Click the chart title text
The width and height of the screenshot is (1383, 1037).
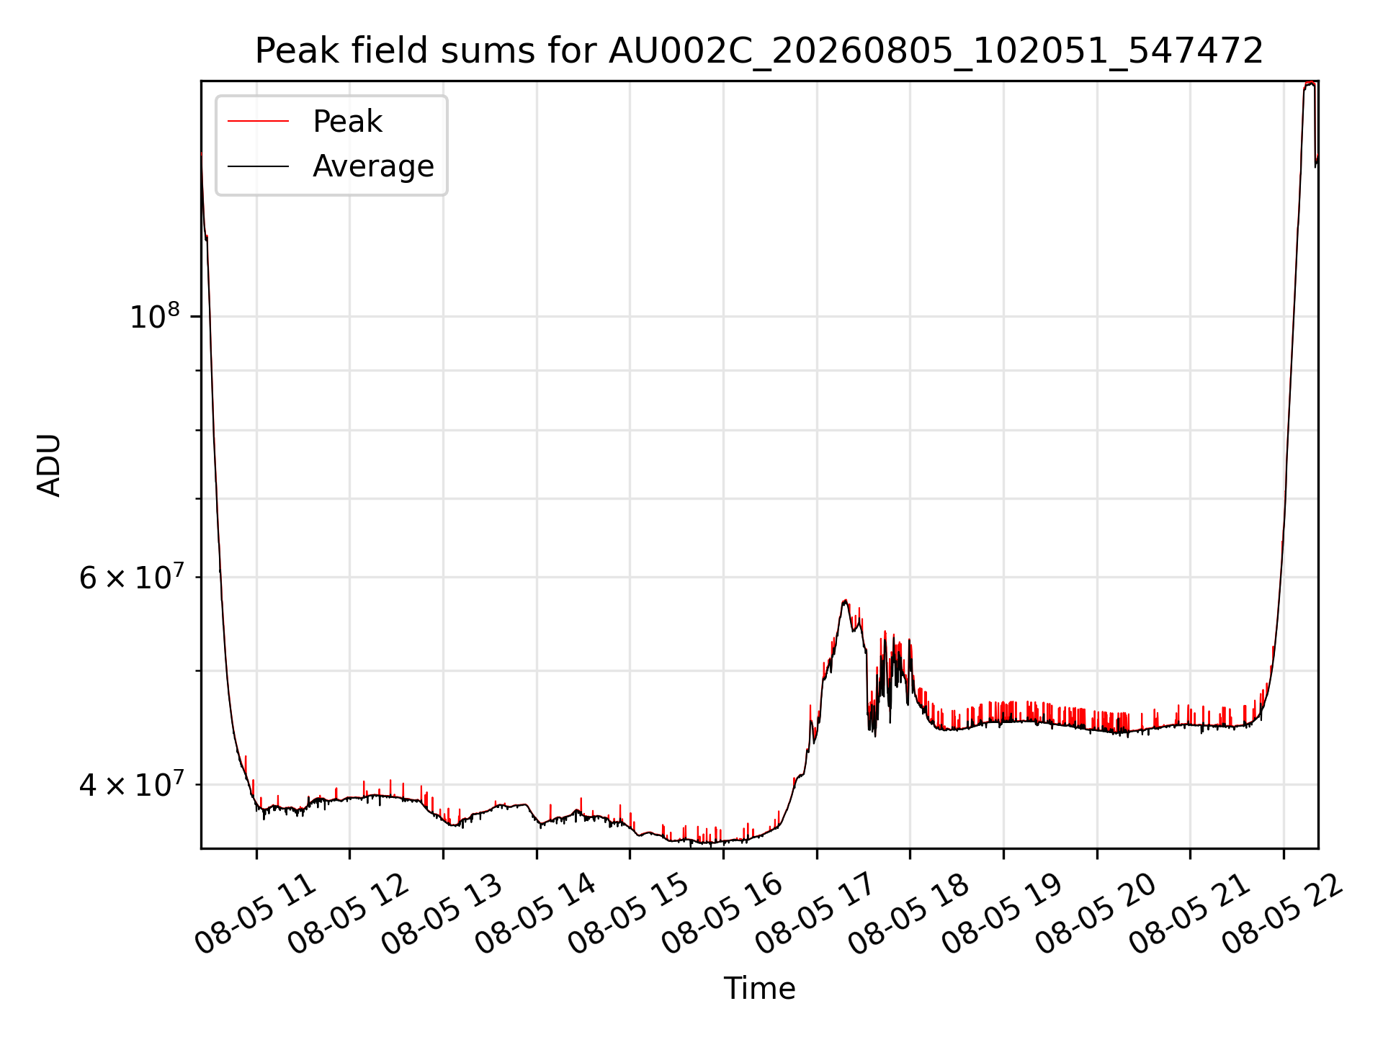759,51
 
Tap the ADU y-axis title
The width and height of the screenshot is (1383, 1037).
49,464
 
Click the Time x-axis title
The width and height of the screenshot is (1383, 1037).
759,989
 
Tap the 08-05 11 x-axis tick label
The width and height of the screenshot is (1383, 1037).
256,915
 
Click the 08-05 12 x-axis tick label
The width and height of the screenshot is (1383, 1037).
349,915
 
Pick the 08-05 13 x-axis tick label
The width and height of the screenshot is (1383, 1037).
443,915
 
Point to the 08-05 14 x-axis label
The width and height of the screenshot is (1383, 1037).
537,915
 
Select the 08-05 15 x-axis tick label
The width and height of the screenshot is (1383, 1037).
630,915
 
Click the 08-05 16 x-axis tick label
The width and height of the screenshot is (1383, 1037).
723,915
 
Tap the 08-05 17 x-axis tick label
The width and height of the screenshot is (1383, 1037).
816,915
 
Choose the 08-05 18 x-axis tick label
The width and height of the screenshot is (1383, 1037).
910,915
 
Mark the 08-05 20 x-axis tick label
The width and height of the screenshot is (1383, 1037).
1096,915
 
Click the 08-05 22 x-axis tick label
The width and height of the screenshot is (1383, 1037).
1283,915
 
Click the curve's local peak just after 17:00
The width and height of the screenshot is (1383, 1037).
845,601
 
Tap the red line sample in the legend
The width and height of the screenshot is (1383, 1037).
258,121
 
